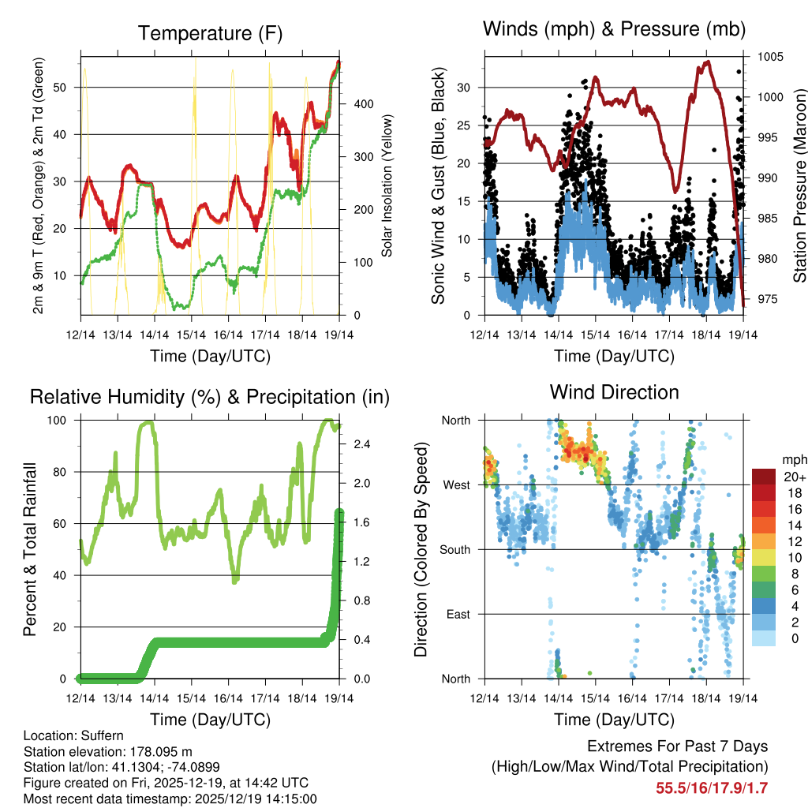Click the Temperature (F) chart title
click(x=209, y=33)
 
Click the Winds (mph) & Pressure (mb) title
click(x=614, y=30)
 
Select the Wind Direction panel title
click(x=614, y=391)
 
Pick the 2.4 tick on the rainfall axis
click(x=362, y=444)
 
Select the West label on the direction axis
click(x=456, y=484)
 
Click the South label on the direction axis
click(x=454, y=549)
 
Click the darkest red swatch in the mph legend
click(x=763, y=476)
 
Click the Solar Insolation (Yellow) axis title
click(x=387, y=185)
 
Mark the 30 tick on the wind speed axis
click(x=464, y=88)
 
